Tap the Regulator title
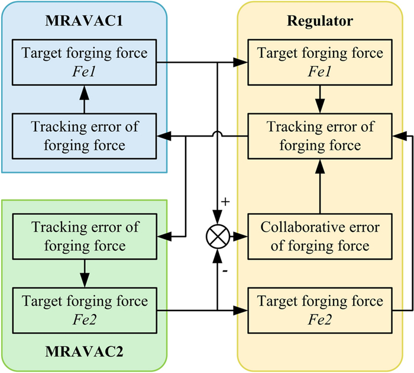tap(320, 22)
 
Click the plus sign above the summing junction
tap(225, 202)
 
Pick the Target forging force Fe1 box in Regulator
tap(320, 61)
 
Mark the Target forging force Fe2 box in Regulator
tap(320, 309)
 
